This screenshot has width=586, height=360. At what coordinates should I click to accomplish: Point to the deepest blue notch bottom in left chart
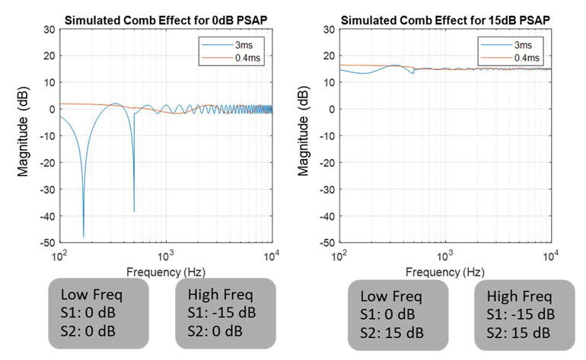[x=84, y=237]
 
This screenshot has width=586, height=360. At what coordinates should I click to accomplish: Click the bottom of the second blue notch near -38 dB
[x=134, y=211]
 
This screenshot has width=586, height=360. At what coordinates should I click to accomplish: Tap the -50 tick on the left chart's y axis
[x=47, y=243]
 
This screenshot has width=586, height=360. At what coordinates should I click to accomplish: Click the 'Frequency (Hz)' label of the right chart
[x=445, y=271]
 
